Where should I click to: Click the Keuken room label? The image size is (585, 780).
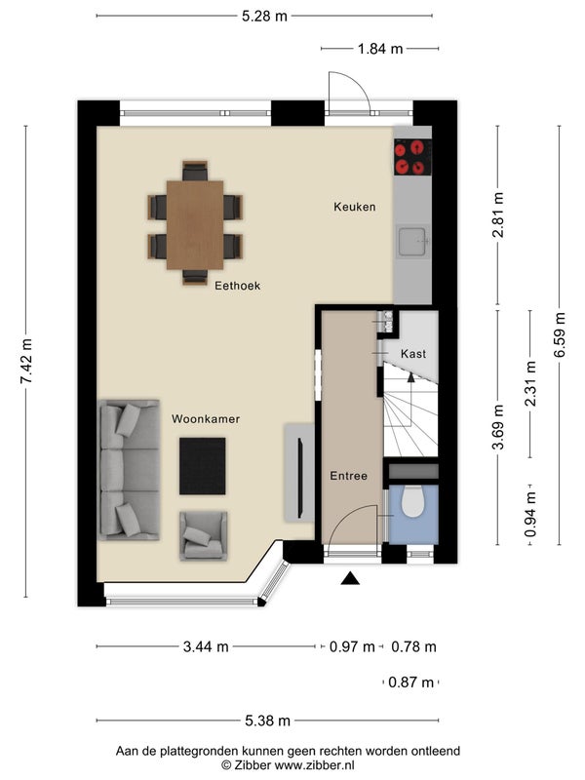point(354,207)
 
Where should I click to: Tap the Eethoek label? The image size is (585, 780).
point(237,286)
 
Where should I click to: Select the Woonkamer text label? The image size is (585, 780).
point(206,419)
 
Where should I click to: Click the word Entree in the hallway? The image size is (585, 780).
point(348,476)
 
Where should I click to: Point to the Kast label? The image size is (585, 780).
point(412,354)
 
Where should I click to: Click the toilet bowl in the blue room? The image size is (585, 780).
point(411,501)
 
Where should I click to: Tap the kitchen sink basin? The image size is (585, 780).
point(411,241)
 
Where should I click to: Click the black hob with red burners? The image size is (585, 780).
point(412,157)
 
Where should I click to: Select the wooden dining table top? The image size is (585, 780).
point(195,225)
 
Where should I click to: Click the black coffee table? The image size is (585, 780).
point(203,466)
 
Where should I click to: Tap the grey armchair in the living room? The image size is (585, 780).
point(204,535)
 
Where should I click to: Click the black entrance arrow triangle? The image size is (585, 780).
point(350,578)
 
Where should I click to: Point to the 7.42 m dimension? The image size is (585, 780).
point(26,361)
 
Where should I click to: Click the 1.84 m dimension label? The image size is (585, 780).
point(380,49)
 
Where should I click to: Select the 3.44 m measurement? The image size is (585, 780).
point(206,646)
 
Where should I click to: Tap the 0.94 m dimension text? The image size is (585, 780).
point(530,514)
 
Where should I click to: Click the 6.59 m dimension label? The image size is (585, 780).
point(559,334)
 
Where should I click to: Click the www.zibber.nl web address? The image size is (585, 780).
point(314,765)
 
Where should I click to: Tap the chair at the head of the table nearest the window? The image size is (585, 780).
point(195,171)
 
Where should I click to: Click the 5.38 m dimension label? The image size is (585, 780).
point(267,721)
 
